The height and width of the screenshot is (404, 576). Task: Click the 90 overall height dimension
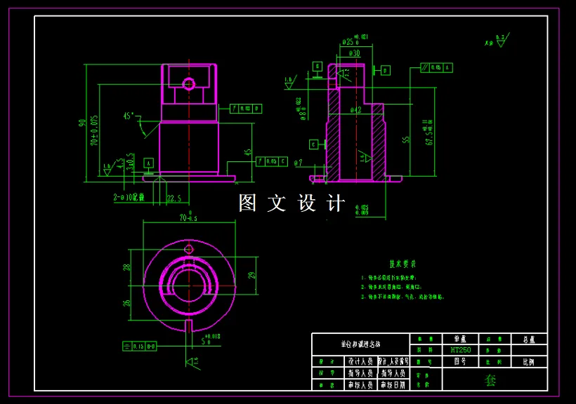(82, 123)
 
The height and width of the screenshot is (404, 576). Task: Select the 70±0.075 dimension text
(94, 130)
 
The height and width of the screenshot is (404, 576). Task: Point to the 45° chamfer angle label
(129, 116)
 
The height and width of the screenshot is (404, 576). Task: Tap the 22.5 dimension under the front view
(174, 198)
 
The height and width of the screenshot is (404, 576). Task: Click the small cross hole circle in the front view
(188, 84)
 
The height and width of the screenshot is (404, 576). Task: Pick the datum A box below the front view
(148, 163)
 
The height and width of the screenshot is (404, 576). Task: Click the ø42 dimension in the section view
(355, 110)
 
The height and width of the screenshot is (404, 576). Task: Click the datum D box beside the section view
(386, 70)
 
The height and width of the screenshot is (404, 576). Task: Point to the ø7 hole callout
(299, 163)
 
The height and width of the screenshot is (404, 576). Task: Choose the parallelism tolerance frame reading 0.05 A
(436, 67)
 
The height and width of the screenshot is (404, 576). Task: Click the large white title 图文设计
(292, 203)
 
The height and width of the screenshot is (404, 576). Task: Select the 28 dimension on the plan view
(127, 267)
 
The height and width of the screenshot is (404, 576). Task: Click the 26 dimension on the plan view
(127, 303)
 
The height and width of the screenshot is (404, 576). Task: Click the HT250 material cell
(460, 350)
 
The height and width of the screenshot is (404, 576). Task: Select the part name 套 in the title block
(490, 380)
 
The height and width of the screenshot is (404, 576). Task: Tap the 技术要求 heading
(402, 264)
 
